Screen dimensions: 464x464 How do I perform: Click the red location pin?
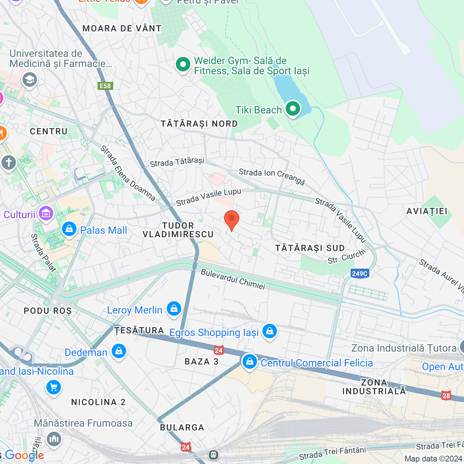pos(231,220)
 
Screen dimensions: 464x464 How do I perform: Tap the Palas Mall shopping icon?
pos(69,229)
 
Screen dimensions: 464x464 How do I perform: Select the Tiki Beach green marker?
pos(293,109)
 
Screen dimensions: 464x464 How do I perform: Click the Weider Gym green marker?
pos(183,65)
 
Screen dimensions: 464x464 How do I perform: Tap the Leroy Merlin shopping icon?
pos(174,309)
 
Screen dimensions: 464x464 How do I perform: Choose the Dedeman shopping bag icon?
pos(119,351)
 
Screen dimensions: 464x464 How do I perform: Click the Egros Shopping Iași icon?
pos(269,331)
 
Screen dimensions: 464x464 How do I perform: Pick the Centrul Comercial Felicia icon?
pos(249,361)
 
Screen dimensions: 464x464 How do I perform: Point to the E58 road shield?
pos(105,86)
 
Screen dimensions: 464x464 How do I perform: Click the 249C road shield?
pos(360,273)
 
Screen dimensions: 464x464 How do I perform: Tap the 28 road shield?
pos(446,395)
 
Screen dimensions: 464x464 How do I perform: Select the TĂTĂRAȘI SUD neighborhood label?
pos(310,248)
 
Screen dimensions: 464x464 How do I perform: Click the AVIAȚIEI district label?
pos(427,211)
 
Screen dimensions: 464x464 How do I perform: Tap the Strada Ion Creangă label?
pos(272,177)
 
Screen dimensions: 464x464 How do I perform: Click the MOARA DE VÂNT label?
pos(122,29)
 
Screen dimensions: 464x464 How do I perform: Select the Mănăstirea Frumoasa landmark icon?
pos(54,439)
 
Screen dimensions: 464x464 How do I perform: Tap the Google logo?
pos(24,456)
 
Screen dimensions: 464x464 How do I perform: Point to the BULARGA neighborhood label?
pos(182,428)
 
